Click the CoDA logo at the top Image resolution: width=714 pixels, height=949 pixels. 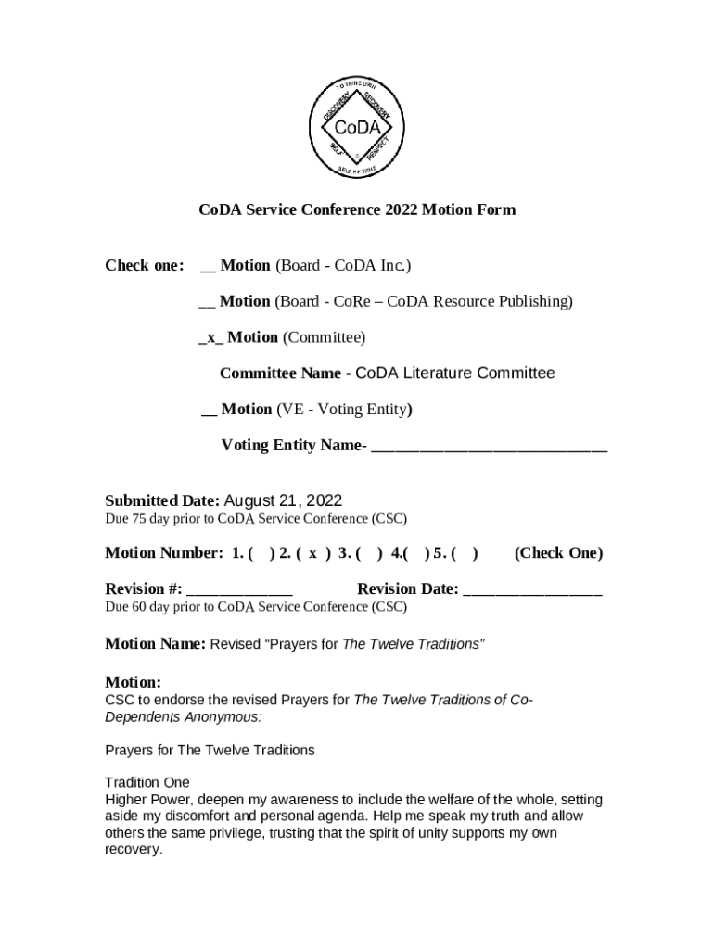tap(357, 126)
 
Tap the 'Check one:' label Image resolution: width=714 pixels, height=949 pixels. tap(144, 266)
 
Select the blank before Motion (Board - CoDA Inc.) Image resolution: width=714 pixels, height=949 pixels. tap(208, 267)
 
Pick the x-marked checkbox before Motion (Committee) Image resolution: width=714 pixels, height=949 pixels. tap(211, 337)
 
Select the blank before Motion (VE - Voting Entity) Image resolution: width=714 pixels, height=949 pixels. tap(209, 410)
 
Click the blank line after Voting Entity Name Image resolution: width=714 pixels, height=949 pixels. tap(489, 446)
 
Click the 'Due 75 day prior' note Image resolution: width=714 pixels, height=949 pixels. tap(255, 518)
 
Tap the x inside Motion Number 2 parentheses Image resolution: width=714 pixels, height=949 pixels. tap(313, 553)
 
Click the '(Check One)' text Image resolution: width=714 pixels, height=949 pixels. tap(557, 553)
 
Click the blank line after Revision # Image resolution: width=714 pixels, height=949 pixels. tap(239, 589)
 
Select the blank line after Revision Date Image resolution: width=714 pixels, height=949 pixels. tap(532, 589)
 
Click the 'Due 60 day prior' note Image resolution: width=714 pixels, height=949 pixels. tap(255, 607)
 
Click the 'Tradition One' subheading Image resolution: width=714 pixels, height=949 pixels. tap(147, 782)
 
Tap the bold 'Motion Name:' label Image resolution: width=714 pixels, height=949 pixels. tap(155, 644)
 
